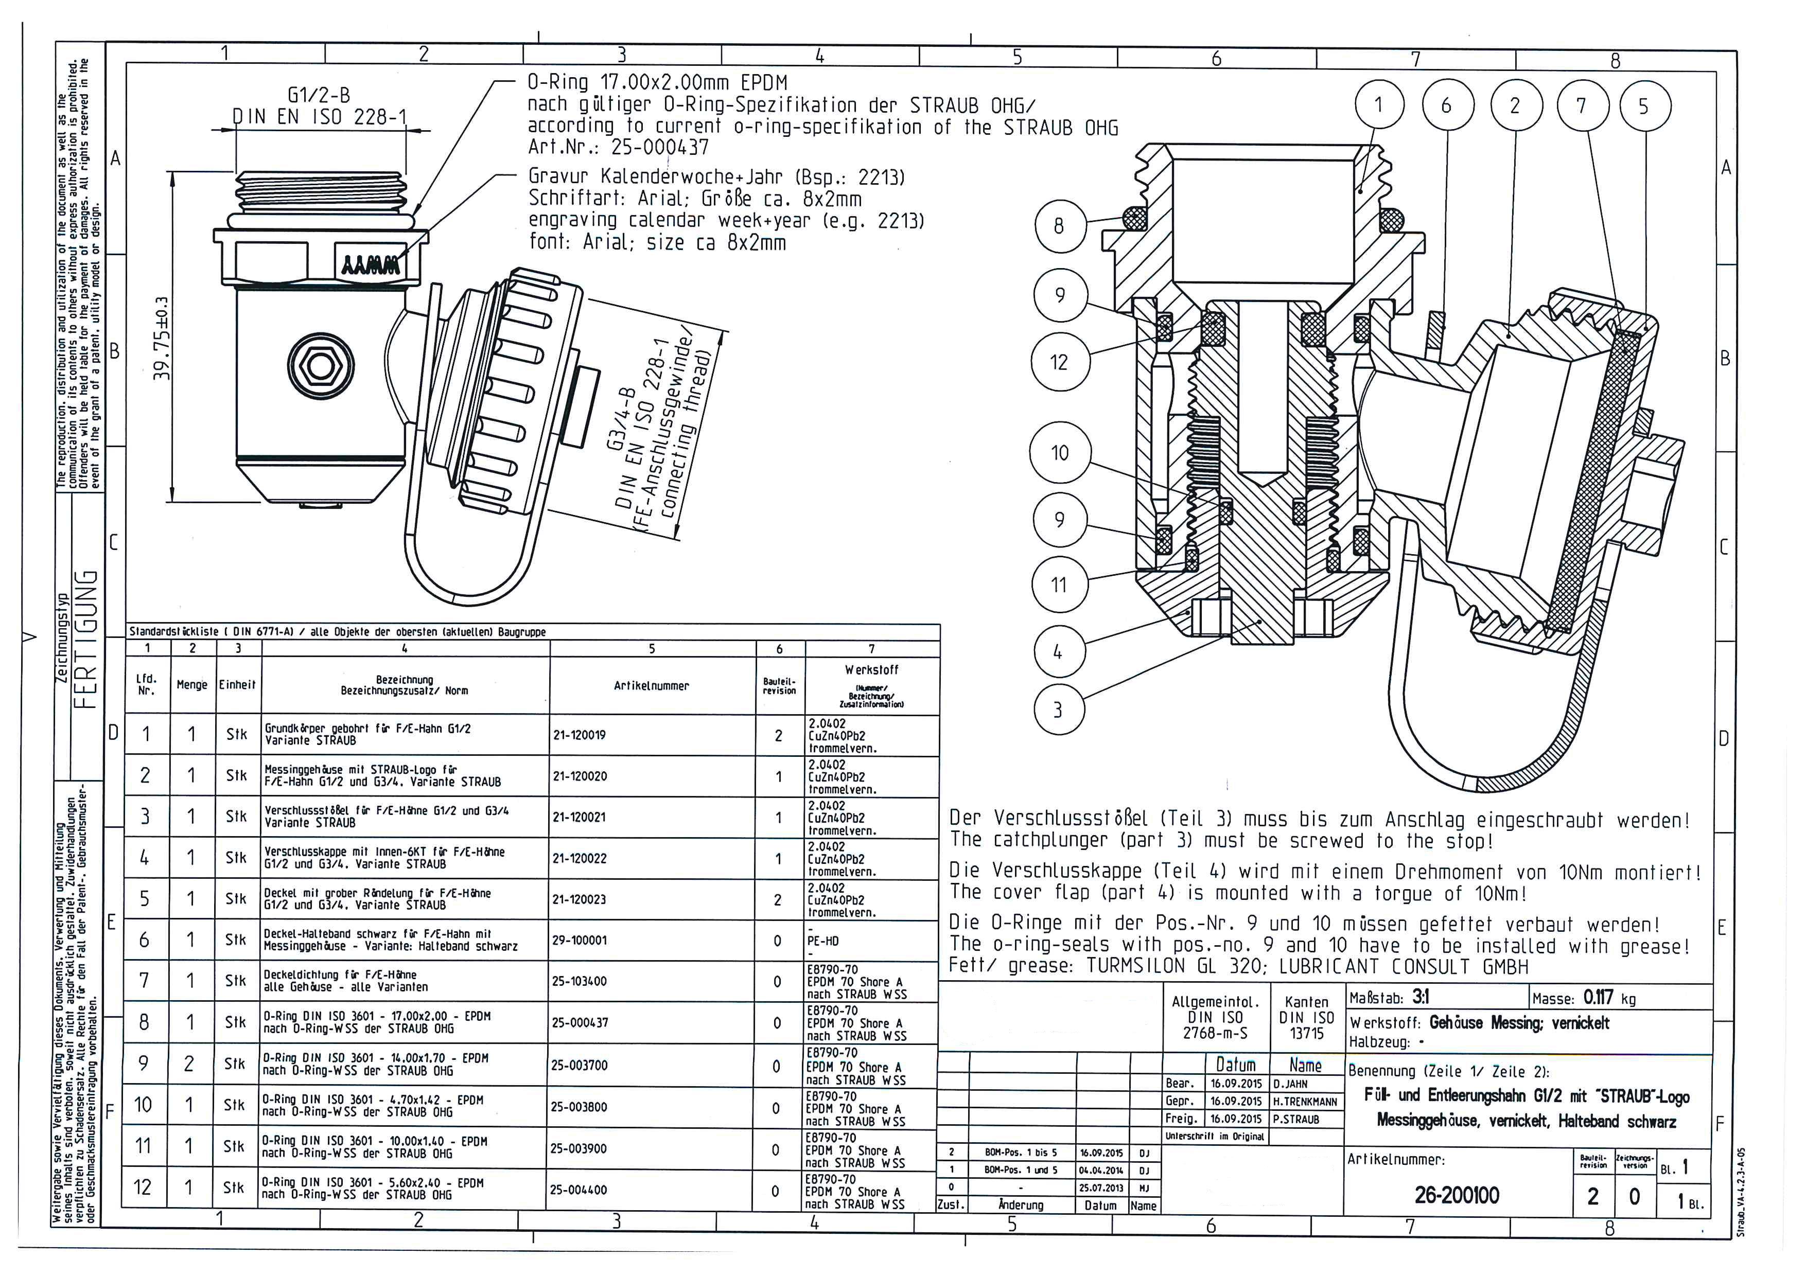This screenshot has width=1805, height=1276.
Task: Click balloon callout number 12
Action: pos(1059,362)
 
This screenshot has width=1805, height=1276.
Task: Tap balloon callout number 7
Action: pos(1581,106)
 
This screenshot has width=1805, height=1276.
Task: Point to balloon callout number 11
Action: pos(1059,584)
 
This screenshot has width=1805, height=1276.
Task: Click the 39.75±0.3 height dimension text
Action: pos(161,338)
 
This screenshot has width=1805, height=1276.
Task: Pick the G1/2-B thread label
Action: pos(319,95)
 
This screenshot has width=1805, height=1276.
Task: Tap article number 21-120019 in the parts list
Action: pos(580,735)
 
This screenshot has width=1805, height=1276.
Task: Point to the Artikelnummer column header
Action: pos(651,686)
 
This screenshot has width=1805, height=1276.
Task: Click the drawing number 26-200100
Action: pos(1457,1195)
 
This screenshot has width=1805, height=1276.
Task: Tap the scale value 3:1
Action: pos(1421,997)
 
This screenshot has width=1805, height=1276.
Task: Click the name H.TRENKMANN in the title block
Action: pos(1305,1102)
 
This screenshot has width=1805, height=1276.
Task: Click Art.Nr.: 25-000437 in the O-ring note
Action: pos(618,147)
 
